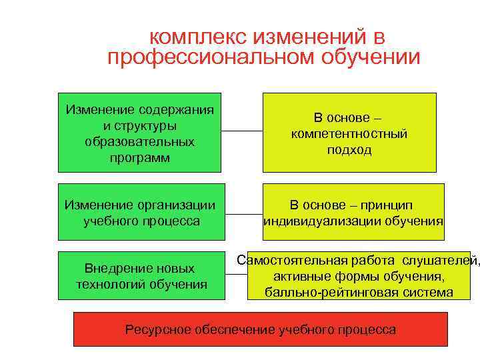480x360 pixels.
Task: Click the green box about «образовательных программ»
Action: tap(139, 132)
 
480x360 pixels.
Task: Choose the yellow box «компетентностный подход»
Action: tap(349, 132)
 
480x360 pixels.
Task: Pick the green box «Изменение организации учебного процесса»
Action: tap(141, 211)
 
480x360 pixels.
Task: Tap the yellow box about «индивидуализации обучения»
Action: tap(353, 211)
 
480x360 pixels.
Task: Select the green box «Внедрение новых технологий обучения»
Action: tap(139, 275)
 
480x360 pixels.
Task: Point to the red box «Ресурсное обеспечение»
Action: tap(260, 329)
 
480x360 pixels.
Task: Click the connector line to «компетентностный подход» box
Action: tap(242, 131)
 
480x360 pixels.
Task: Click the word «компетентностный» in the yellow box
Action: tap(349, 134)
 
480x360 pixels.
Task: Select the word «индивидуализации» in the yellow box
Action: tap(307, 221)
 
